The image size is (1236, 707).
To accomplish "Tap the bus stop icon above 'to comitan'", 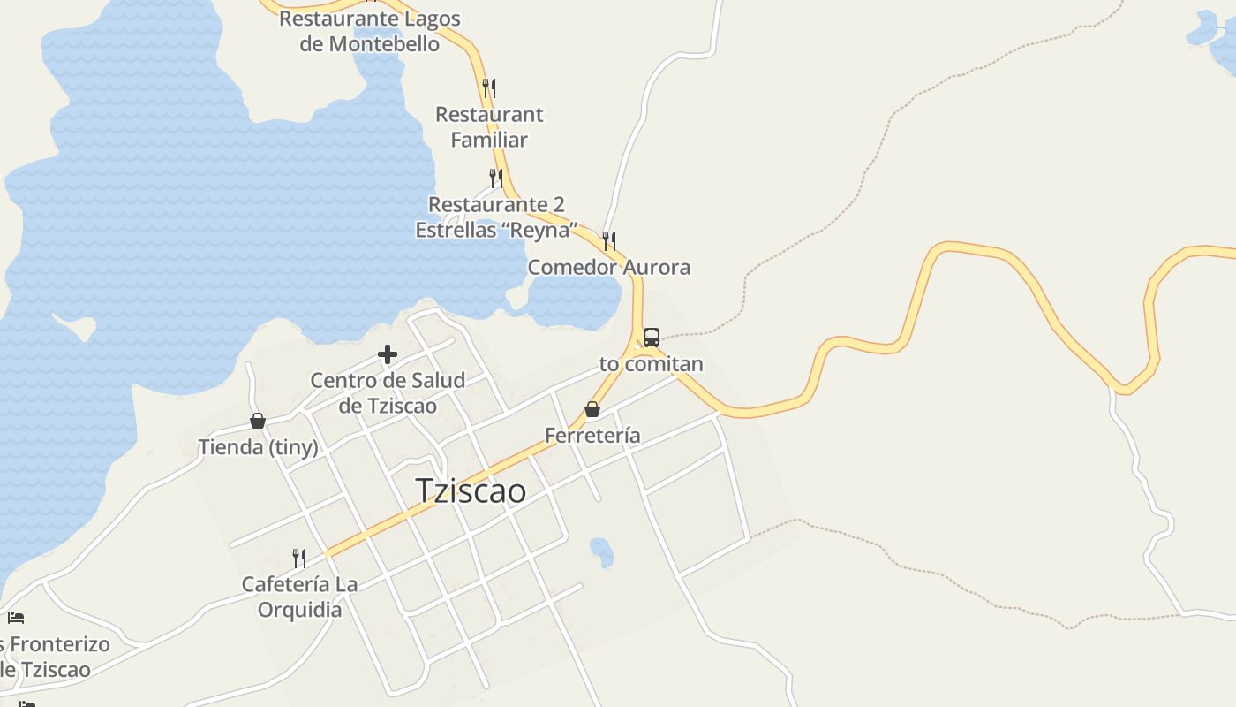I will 651,337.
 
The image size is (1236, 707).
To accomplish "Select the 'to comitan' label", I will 651,363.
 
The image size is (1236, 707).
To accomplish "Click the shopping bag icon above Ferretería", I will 592,409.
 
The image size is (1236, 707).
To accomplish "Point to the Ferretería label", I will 592,436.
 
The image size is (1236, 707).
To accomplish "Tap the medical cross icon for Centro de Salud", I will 387,354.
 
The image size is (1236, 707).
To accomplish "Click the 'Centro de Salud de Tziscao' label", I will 388,393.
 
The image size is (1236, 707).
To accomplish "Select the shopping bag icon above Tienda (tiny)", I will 258,421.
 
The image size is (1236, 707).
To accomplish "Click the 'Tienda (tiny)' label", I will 258,447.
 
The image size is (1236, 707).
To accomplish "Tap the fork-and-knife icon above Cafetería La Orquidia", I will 299,558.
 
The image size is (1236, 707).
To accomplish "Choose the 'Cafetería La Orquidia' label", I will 299,597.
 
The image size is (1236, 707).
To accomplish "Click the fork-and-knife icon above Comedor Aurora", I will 609,240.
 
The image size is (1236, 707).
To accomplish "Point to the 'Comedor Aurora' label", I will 609,267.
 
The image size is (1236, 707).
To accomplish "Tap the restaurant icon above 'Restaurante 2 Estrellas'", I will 496,178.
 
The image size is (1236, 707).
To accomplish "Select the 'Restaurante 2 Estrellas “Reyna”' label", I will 496,217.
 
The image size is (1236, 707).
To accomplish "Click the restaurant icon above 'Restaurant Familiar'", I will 489,87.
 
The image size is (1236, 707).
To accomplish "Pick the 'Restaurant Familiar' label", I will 489,126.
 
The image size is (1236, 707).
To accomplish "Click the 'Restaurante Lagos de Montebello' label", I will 370,31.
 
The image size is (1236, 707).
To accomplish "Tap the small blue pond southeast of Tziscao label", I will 601,552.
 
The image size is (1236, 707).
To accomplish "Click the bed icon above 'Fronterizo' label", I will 16,617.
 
